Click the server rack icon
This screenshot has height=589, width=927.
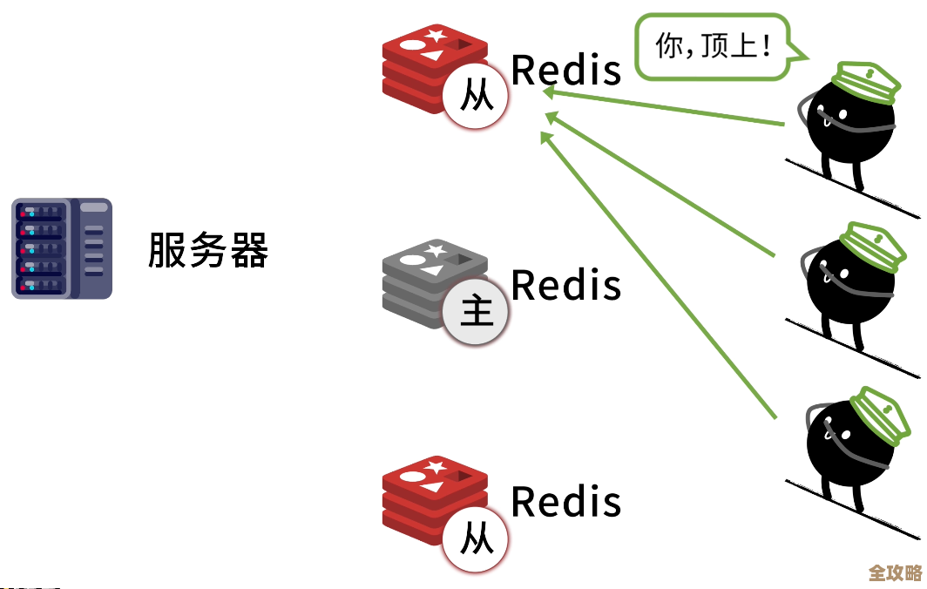click(x=62, y=248)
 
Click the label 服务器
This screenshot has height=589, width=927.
click(x=207, y=250)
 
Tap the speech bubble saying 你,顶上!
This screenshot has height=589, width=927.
click(x=714, y=47)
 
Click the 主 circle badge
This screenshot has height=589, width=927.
click(x=477, y=311)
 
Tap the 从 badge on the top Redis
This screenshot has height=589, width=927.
click(x=477, y=96)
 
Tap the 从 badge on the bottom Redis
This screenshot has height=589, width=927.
click(x=477, y=538)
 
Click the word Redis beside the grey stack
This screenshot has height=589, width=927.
click(x=566, y=285)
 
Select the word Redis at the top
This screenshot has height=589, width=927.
click(x=566, y=70)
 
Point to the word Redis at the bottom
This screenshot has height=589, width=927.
click(x=566, y=501)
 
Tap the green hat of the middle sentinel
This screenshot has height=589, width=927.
click(x=866, y=247)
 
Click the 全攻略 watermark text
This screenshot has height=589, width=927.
click(x=895, y=572)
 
